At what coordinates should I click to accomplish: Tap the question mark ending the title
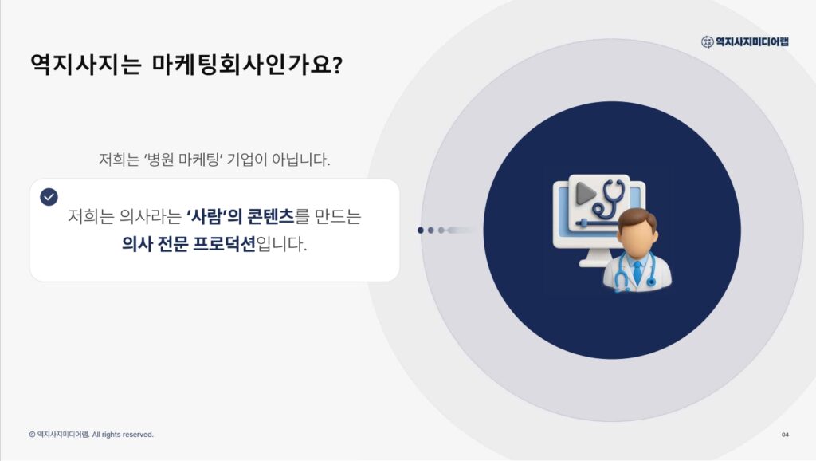(x=336, y=64)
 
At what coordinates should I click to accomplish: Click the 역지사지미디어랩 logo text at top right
(x=752, y=41)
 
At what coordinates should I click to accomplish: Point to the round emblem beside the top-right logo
(x=707, y=41)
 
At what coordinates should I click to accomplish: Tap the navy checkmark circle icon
(x=49, y=197)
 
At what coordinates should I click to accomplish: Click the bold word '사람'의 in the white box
(x=214, y=216)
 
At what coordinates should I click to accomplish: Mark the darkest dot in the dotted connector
(x=421, y=230)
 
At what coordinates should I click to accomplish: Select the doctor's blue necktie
(x=637, y=270)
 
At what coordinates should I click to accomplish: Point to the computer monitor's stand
(x=593, y=258)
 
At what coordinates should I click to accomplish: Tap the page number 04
(x=785, y=435)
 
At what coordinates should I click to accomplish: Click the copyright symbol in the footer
(x=32, y=435)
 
